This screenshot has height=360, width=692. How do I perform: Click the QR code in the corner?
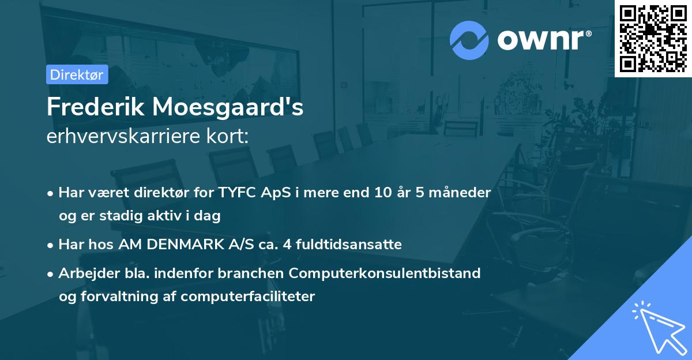(653, 39)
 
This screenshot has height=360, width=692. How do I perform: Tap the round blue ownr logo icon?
(469, 40)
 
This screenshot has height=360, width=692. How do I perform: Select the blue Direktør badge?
(77, 74)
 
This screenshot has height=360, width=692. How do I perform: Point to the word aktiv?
(164, 216)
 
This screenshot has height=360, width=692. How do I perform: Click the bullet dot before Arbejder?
(51, 273)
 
